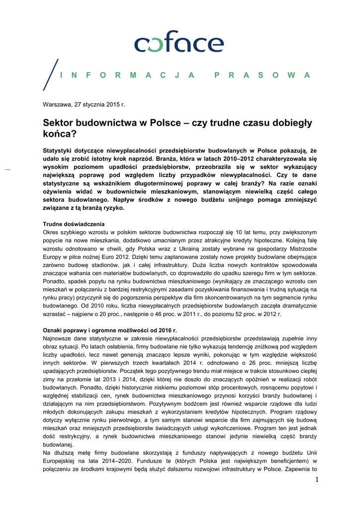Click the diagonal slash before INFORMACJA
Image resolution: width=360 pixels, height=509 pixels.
(51, 75)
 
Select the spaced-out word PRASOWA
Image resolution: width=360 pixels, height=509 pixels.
(262, 75)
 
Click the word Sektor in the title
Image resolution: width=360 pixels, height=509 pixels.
(58, 123)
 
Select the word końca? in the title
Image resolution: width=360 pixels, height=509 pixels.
(60, 134)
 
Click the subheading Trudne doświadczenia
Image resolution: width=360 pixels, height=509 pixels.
(74, 224)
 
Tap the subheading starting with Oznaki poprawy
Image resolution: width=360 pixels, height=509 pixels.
(109, 330)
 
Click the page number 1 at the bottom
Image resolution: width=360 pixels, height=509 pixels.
(315, 479)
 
